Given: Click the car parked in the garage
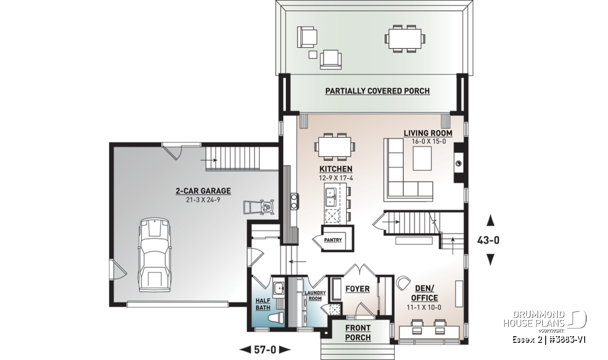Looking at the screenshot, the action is click(155, 255).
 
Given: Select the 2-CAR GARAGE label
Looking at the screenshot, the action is click(203, 191).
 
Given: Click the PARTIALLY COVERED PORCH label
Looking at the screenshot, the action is click(377, 91).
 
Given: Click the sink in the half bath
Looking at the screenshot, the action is click(278, 288).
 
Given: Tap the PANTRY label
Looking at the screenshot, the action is click(333, 240).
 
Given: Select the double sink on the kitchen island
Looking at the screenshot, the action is click(330, 197).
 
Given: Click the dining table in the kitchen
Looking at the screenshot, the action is click(334, 147).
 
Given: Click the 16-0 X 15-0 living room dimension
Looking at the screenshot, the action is click(429, 141).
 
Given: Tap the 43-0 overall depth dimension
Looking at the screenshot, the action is click(488, 240).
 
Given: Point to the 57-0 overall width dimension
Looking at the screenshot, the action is click(265, 350).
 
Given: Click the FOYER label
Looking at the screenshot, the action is click(358, 289).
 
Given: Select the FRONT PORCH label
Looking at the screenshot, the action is click(358, 333).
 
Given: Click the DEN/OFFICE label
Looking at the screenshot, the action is click(425, 293).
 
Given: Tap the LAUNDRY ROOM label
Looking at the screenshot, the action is click(315, 296).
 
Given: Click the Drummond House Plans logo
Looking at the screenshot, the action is click(545, 321).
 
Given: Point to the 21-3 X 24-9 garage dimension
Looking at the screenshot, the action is click(203, 200).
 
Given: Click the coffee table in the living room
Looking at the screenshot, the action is click(422, 158).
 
